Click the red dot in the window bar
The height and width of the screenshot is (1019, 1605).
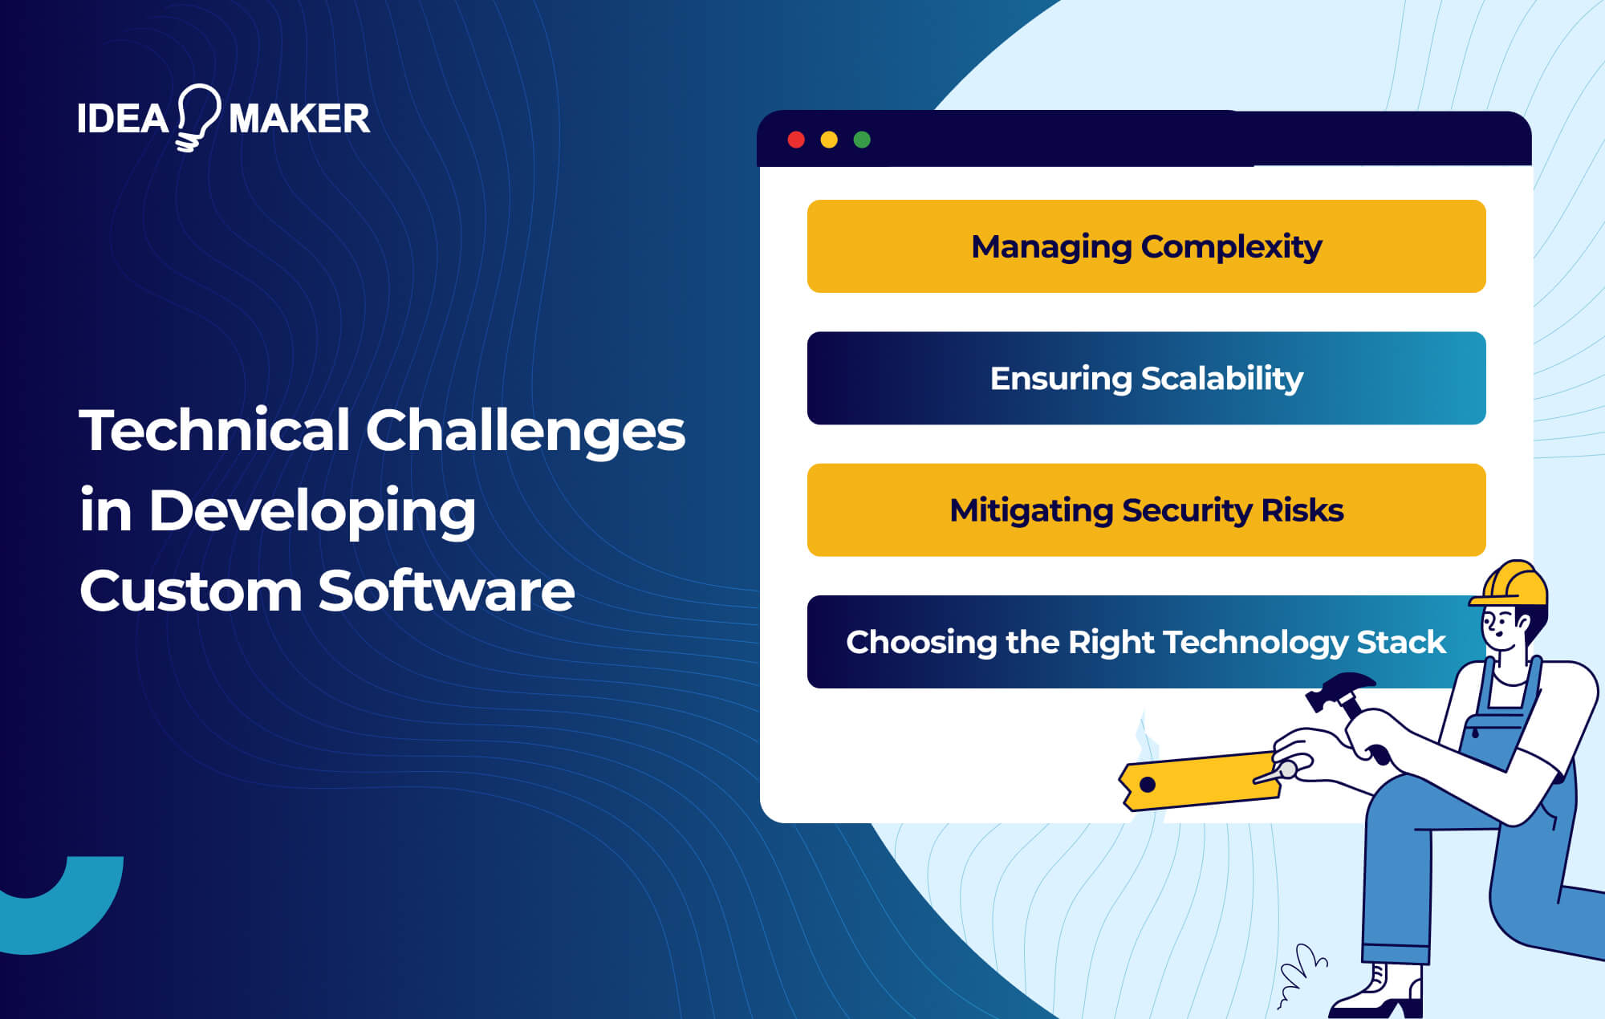796,140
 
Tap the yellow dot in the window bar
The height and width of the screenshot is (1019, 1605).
829,140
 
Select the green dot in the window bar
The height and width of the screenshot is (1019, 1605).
862,140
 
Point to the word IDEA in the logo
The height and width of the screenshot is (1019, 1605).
122,119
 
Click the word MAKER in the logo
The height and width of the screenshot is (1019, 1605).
299,119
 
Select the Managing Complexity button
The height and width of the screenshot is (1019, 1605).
1146,246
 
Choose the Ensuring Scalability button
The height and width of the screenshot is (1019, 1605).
1146,378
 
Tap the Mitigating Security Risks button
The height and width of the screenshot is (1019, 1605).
1146,510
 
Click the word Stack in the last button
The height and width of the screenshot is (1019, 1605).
1400,642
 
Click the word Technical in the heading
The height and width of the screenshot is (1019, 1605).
214,430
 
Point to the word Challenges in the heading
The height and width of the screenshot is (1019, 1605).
526,430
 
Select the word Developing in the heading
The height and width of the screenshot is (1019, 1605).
312,511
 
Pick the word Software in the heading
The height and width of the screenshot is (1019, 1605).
446,591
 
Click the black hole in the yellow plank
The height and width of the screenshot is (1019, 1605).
1148,785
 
